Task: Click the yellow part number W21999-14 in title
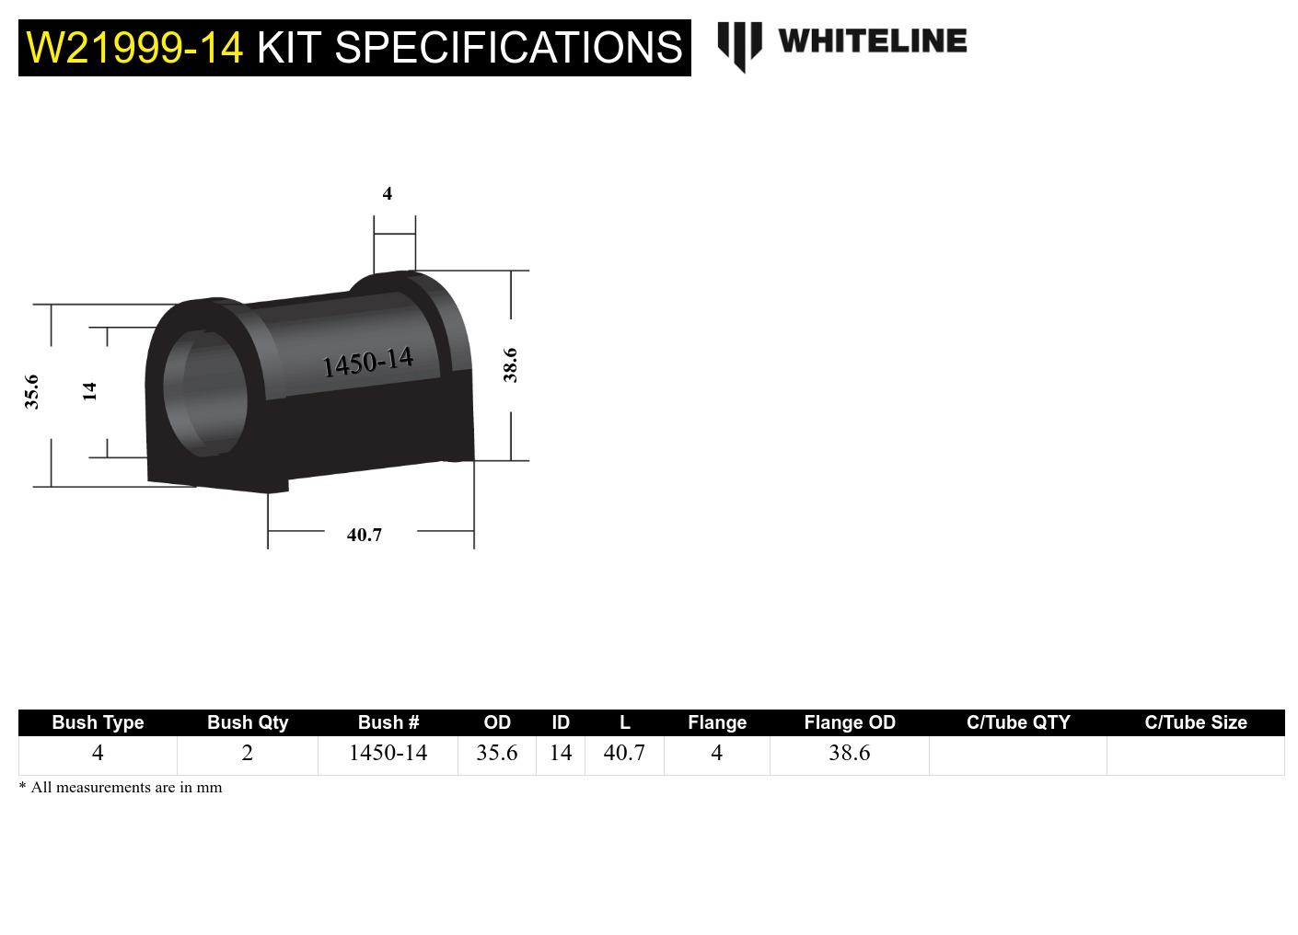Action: (x=134, y=47)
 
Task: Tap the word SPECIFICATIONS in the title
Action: (x=507, y=47)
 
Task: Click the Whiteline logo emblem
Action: (x=739, y=45)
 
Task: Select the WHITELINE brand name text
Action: (x=872, y=41)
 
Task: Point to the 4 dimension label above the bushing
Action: (x=388, y=193)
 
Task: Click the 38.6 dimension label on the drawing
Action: (x=510, y=364)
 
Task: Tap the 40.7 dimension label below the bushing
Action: (x=365, y=535)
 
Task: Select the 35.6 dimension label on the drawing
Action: (x=32, y=391)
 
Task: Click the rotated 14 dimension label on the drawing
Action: (x=89, y=391)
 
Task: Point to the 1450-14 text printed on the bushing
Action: (x=368, y=362)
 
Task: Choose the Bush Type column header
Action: (x=98, y=722)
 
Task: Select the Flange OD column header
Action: (x=849, y=722)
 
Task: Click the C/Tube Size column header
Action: (x=1195, y=722)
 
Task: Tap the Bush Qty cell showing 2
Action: (x=247, y=754)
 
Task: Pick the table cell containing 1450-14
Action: (x=388, y=754)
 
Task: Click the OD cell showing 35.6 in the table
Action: (x=496, y=754)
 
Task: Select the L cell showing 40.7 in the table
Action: (x=624, y=754)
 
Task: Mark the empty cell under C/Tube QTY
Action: (x=1017, y=755)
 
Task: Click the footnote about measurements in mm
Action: (x=121, y=788)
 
